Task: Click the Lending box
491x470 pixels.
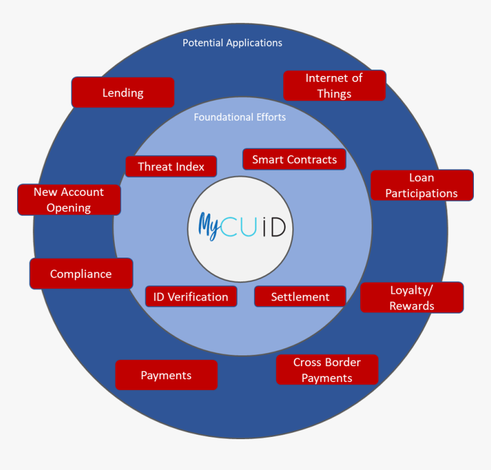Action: point(123,93)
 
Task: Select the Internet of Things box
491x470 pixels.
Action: point(335,86)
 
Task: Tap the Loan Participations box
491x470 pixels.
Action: point(422,186)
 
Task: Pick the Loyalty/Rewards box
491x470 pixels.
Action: point(412,298)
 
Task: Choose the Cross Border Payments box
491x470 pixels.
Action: point(327,370)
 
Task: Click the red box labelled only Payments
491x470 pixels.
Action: point(166,375)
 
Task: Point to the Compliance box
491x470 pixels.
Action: point(81,274)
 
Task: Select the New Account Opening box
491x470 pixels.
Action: point(69,200)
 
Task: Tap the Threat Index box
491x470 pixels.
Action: point(171,167)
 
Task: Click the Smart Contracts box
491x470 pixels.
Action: point(295,159)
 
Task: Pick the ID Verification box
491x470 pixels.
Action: point(191,297)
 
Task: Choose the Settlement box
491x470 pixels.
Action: point(300,297)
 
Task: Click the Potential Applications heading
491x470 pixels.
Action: point(232,43)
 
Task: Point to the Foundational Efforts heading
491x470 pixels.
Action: point(240,117)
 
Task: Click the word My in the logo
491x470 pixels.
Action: point(208,224)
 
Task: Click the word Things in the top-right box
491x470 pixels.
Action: point(335,94)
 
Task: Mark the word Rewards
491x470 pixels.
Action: point(412,306)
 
